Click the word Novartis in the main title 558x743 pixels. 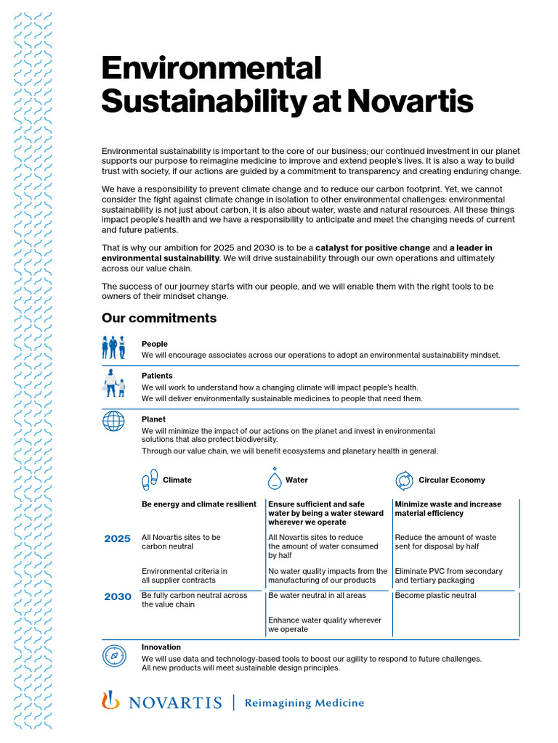410,101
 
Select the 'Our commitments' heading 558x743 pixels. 159,318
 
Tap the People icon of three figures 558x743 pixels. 113,348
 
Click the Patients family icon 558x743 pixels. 113,382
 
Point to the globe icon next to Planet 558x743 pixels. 113,421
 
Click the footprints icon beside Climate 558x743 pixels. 150,480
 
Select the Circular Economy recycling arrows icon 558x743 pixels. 404,480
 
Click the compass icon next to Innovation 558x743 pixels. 113,655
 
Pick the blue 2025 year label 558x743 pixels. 117,538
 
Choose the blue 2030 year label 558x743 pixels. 117,596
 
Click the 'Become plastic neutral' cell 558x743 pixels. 435,596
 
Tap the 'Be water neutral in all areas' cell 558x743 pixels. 317,596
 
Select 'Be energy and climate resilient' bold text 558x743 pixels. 198,504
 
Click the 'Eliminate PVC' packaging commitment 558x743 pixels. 448,575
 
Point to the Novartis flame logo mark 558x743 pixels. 110,700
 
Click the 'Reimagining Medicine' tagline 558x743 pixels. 304,702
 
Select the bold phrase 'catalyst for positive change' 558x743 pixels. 372,248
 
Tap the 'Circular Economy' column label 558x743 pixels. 451,480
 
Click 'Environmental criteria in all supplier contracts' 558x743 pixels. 184,575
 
